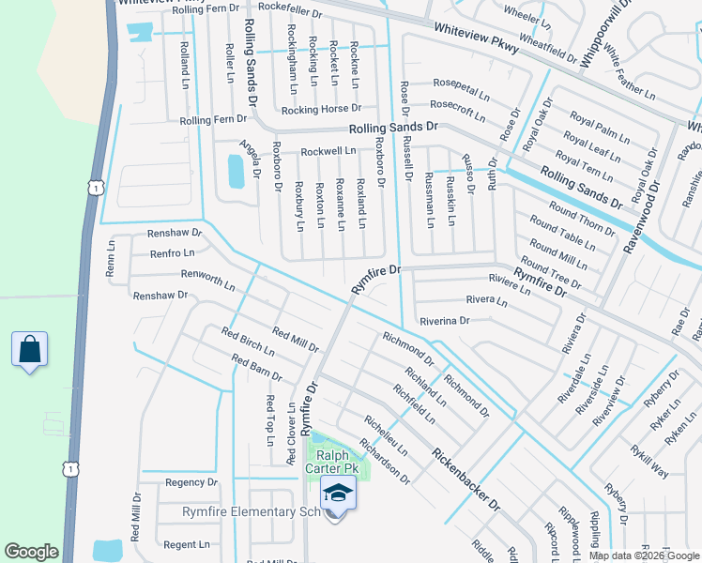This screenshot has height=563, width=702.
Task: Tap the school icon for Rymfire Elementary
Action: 337,493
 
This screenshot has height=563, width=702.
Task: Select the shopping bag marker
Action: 30,350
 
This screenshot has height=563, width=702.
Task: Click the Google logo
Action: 32,552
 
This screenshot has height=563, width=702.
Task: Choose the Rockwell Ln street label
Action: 328,150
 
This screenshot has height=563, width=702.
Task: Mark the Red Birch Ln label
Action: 248,342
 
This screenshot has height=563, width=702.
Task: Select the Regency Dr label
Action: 191,482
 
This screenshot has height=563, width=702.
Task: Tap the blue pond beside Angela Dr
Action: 236,171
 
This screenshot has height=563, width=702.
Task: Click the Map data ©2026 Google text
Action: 643,555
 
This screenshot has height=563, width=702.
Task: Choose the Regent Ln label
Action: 186,544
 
